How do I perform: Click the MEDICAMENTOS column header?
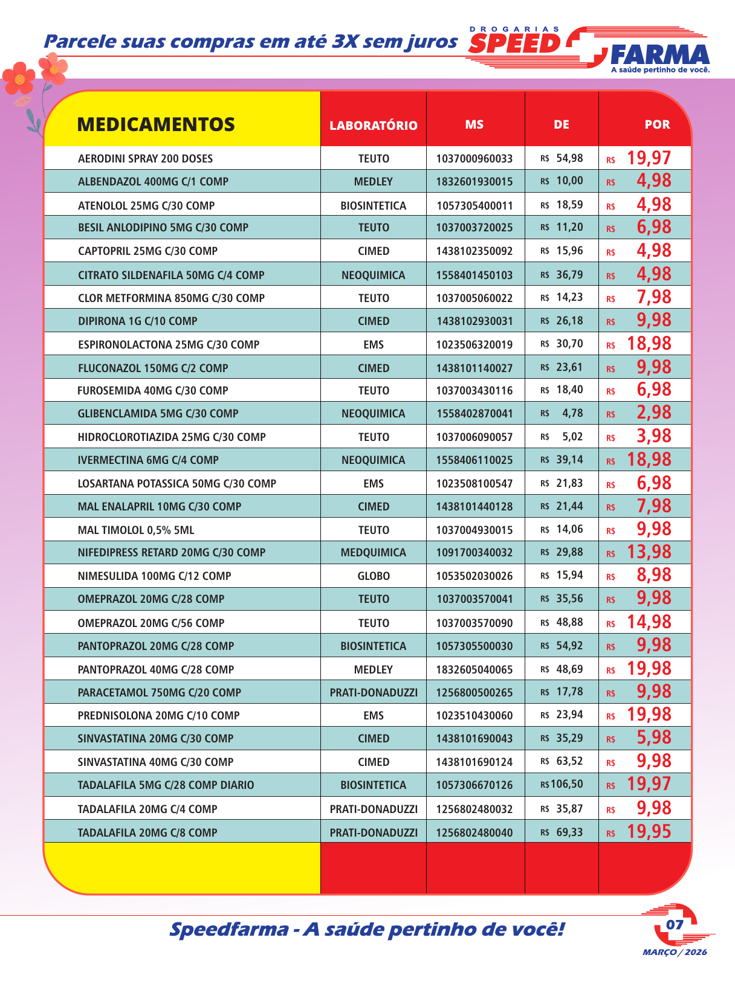(x=156, y=124)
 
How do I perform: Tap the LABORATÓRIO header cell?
(x=373, y=125)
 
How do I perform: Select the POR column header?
(x=657, y=124)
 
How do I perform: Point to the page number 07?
(x=675, y=924)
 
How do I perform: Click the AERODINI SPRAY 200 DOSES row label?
(x=145, y=158)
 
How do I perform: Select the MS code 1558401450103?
(x=474, y=275)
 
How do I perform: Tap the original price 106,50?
(x=566, y=784)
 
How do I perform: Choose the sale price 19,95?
(x=649, y=832)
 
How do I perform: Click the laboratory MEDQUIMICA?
(x=373, y=552)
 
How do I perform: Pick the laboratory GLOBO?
(x=373, y=576)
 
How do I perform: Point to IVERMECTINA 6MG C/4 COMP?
(x=148, y=460)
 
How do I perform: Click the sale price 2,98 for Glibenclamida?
(x=653, y=413)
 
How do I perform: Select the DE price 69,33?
(x=569, y=832)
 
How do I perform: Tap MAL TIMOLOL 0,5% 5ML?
(x=136, y=530)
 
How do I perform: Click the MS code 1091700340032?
(x=474, y=552)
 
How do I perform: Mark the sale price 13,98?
(x=649, y=551)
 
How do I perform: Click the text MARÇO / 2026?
(x=675, y=953)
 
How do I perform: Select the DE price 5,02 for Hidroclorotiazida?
(x=572, y=436)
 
